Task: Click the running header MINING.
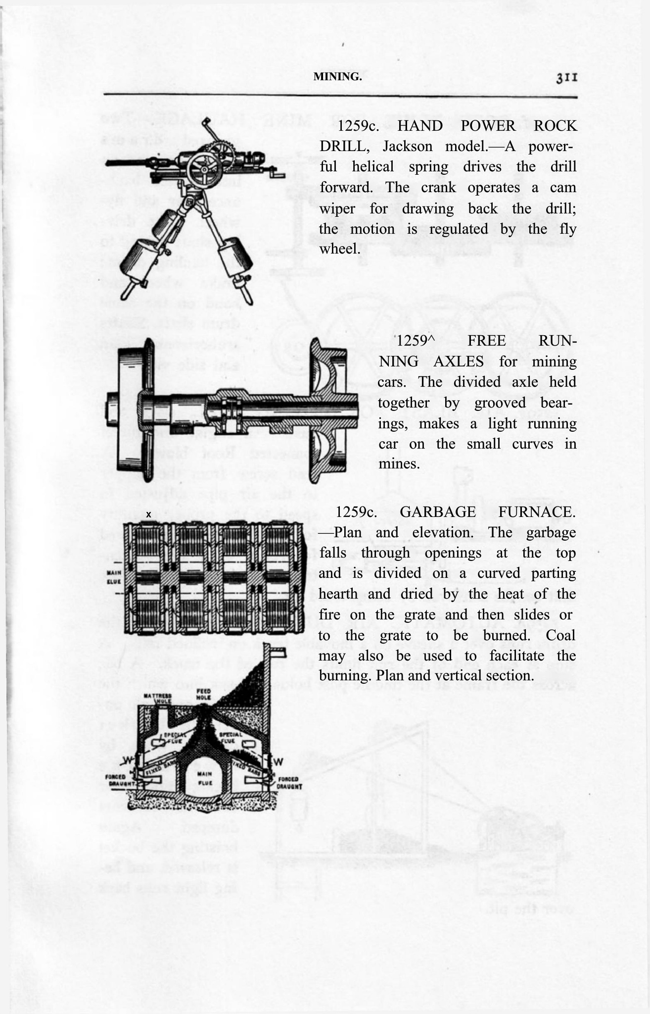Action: point(337,77)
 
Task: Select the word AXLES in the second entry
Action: point(459,361)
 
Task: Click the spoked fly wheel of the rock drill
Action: point(204,168)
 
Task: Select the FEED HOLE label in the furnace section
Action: point(204,694)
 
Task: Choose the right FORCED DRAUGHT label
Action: point(288,782)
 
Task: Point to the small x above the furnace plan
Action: point(148,515)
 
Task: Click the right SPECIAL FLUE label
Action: point(230,737)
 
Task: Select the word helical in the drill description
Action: point(372,167)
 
